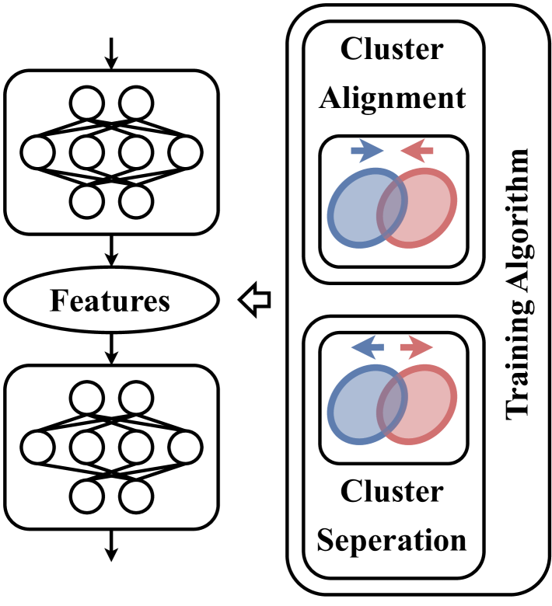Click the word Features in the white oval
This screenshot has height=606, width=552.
pos(110,301)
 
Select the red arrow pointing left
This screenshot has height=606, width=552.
pos(417,150)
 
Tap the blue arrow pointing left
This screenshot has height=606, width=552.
pos(367,347)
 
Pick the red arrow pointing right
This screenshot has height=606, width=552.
pos(417,347)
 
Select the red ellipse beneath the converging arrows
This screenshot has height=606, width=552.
pos(428,208)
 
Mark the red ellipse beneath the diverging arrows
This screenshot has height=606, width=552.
pos(428,405)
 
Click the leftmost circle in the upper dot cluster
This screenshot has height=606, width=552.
pos(37,152)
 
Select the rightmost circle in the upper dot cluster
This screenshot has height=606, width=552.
pos(185,152)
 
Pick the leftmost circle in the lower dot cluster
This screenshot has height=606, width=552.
pos(37,448)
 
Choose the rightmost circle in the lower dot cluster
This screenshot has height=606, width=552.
pos(185,448)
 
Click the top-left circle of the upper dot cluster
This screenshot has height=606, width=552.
pos(87,103)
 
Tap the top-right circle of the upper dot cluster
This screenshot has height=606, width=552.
pos(136,103)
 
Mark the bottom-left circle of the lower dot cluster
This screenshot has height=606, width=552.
pos(87,496)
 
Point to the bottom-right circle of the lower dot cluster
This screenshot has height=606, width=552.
pos(136,496)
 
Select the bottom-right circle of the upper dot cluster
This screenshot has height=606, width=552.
pos(136,202)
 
